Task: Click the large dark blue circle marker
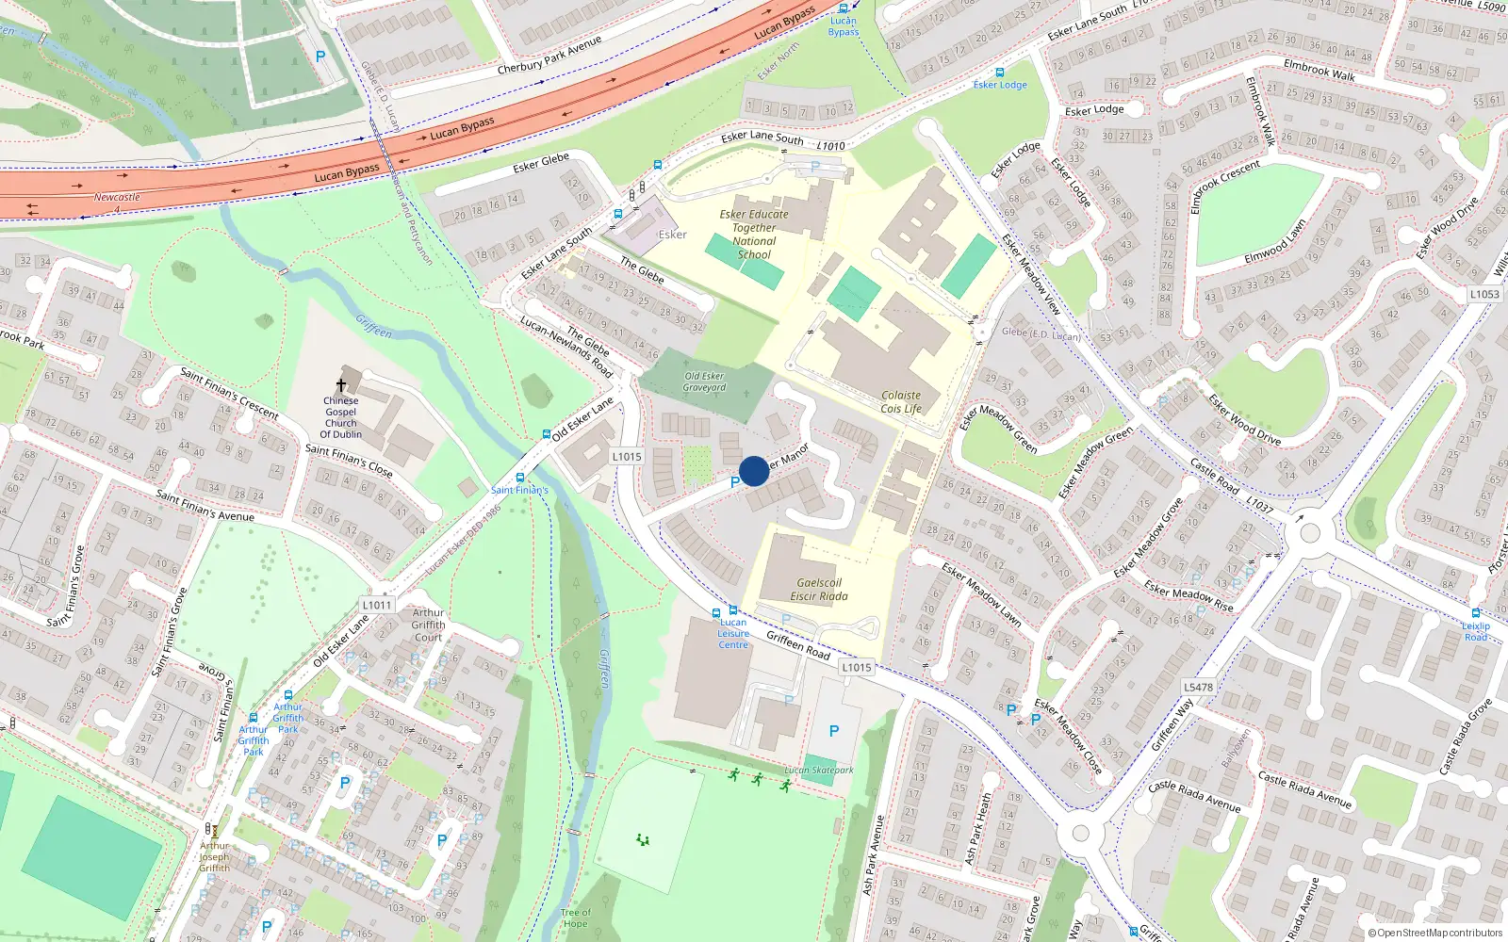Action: [x=754, y=471]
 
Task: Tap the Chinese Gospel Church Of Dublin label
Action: [x=340, y=417]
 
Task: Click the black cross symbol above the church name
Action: [x=341, y=385]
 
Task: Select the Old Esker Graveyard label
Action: [x=705, y=382]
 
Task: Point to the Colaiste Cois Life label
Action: [x=901, y=402]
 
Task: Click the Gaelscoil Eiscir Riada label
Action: [x=819, y=590]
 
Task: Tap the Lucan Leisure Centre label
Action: [x=733, y=633]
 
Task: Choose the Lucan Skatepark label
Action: [x=819, y=771]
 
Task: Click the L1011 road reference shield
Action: [x=376, y=605]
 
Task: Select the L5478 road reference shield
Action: [x=1198, y=688]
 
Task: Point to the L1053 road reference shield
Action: [x=1484, y=294]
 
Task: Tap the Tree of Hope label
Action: [x=575, y=918]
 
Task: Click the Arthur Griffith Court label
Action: [x=428, y=625]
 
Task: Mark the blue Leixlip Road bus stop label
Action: [x=1476, y=631]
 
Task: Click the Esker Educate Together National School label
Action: [x=754, y=235]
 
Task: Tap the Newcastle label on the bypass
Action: [x=117, y=198]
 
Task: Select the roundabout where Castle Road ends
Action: [x=1309, y=533]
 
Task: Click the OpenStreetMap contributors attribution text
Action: [x=1435, y=934]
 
